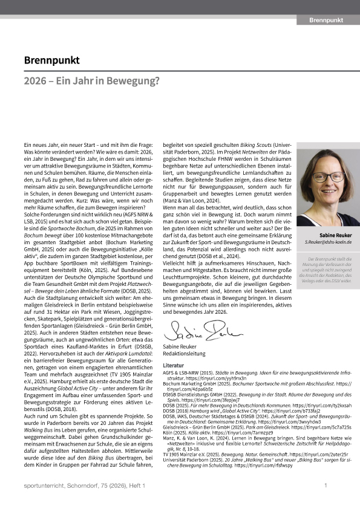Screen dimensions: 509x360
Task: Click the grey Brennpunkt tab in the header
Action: click(327, 21)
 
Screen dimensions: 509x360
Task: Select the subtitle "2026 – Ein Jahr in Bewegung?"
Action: click(91, 81)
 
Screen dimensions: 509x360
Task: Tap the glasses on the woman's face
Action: click(328, 178)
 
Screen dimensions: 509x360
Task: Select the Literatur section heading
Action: click(175, 366)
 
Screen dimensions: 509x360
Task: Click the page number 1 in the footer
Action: click(326, 485)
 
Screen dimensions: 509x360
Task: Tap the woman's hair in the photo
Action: click(327, 158)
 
